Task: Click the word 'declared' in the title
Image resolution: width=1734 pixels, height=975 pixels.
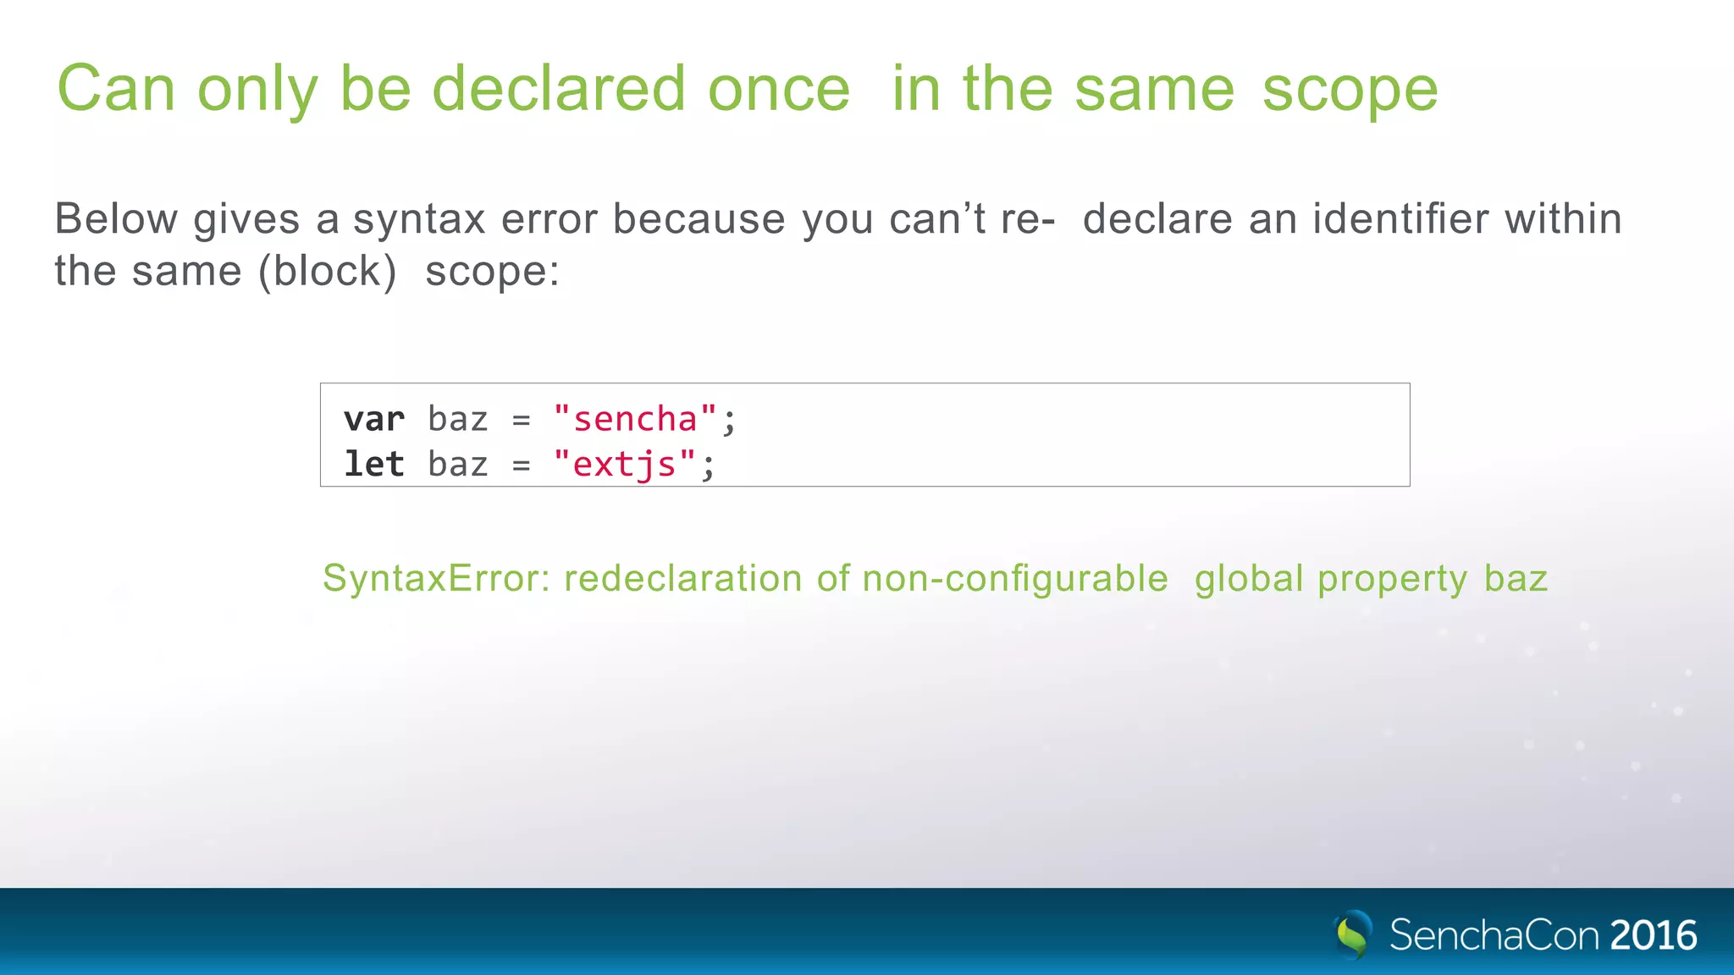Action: coord(558,88)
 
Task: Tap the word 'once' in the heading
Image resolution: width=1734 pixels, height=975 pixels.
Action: coord(779,90)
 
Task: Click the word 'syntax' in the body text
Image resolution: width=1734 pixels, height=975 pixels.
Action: coord(419,220)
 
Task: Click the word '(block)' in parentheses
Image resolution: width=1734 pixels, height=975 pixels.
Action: coord(328,272)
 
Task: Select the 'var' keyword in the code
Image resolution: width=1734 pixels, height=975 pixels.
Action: coord(373,420)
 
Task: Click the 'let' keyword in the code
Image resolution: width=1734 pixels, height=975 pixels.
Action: coord(373,464)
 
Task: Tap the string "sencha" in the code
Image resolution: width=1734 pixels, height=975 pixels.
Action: coord(635,420)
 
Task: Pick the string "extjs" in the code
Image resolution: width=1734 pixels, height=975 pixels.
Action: coord(625,465)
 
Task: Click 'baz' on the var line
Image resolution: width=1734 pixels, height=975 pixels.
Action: coord(458,420)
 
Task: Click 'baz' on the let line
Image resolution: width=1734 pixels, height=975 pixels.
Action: coord(458,465)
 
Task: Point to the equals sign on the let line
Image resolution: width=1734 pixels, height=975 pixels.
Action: coord(521,465)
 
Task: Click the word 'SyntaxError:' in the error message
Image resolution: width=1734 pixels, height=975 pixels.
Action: coord(437,579)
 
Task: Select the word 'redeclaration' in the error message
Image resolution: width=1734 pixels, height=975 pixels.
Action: coord(683,579)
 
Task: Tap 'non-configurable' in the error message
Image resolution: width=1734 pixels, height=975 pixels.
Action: coord(1015,579)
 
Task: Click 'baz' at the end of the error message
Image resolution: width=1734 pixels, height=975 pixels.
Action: coord(1516,579)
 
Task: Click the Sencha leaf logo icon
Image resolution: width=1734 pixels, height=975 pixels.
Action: coord(1353,934)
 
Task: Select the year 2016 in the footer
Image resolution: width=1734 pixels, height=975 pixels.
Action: coord(1654,935)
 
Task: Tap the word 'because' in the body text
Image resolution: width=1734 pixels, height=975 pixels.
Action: coord(699,219)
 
